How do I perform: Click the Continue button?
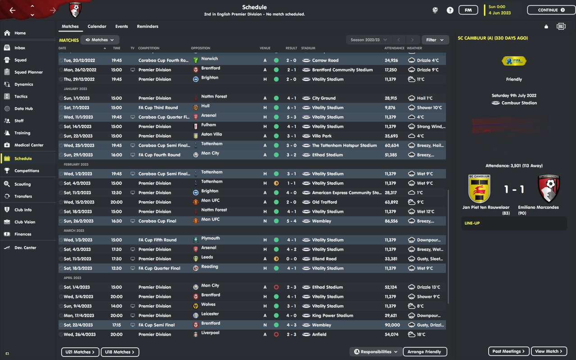tap(547, 10)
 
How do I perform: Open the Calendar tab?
tap(97, 27)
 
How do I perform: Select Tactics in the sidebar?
tap(21, 96)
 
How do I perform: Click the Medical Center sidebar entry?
tap(29, 145)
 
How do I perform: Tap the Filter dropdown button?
tap(435, 40)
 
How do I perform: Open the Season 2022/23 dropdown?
tap(369, 40)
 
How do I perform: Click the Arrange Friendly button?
tap(424, 352)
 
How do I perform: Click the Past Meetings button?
tap(508, 351)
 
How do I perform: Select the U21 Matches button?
tap(80, 352)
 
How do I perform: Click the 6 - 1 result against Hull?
tap(291, 108)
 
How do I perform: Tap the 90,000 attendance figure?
tap(392, 325)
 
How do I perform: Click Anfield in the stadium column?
tap(320, 334)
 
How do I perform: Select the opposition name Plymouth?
tap(210, 238)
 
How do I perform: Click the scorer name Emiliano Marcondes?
tap(538, 207)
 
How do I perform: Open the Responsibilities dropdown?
tap(376, 352)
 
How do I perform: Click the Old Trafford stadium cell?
tap(325, 202)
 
